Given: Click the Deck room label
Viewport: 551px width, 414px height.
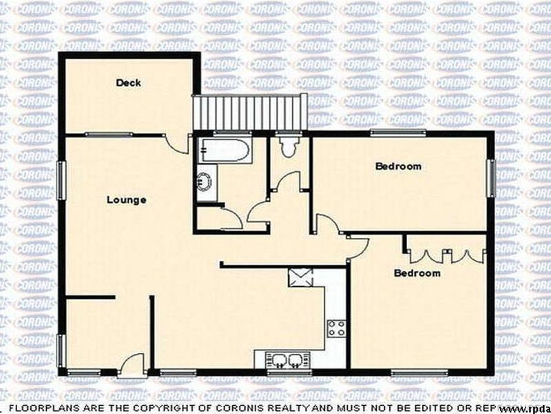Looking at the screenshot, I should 128,83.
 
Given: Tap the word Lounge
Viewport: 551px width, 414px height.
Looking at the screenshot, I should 126,200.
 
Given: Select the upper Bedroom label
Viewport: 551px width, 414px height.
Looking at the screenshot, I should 397,166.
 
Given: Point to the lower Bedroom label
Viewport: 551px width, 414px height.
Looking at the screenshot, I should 417,273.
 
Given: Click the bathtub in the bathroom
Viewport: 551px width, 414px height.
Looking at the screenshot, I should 225,150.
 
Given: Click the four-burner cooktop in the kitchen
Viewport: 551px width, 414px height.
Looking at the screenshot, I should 337,328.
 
